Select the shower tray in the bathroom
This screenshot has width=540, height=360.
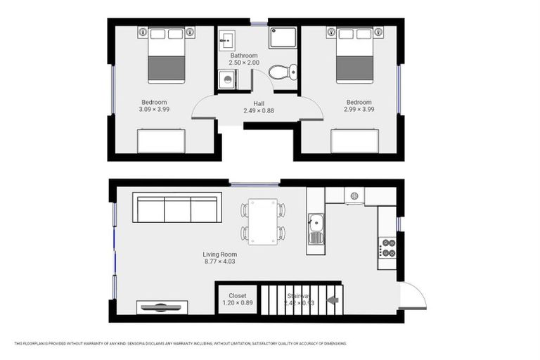pos(284,39)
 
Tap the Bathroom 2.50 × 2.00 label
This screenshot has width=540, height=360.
pos(244,59)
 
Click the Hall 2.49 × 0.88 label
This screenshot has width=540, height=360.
pos(259,107)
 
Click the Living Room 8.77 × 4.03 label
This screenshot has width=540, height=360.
pos(219,259)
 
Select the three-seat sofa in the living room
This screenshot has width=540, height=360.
pos(177,208)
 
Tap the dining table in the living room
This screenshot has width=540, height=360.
pos(263,221)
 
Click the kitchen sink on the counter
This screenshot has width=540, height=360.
pos(316,229)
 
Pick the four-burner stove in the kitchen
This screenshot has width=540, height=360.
pos(387,247)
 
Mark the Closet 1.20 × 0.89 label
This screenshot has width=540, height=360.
pos(237,300)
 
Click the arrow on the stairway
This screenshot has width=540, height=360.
pos(333,301)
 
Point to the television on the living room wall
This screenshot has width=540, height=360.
pos(162,307)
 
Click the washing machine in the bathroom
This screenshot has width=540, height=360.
pos(227,81)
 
